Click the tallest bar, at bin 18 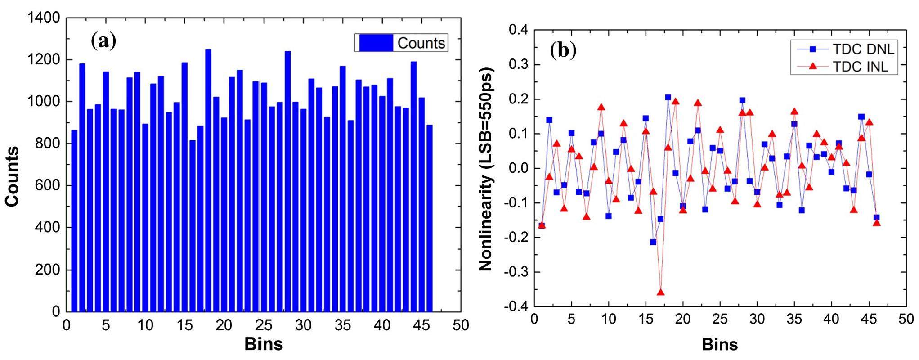click(208, 180)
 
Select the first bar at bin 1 click(74, 220)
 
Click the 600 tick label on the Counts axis click(47, 186)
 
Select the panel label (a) click(103, 41)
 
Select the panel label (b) click(563, 51)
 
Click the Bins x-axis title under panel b click(720, 345)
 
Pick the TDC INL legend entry click(843, 67)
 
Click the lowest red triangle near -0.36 click(660, 292)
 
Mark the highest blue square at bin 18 click(668, 97)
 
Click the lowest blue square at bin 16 click(653, 242)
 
